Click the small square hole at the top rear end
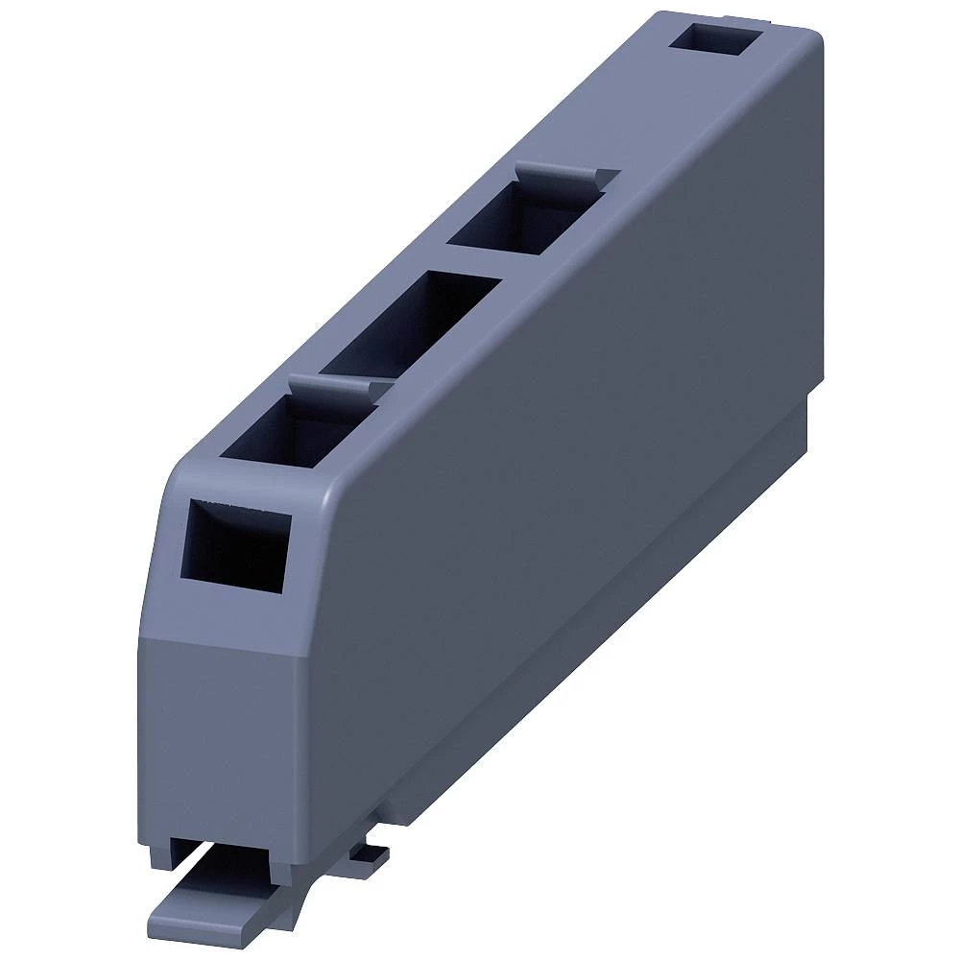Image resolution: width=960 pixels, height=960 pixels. point(715,41)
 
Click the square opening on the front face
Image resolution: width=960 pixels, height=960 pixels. point(235,543)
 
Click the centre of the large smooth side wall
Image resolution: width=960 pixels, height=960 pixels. point(566,461)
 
